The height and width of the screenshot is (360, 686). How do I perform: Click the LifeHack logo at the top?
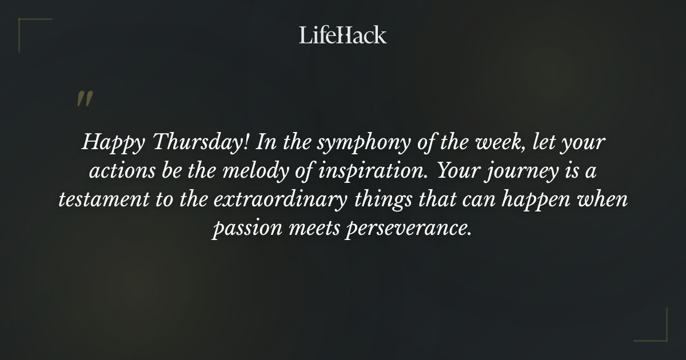tap(343, 35)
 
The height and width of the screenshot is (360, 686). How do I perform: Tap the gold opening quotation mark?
tap(84, 99)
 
